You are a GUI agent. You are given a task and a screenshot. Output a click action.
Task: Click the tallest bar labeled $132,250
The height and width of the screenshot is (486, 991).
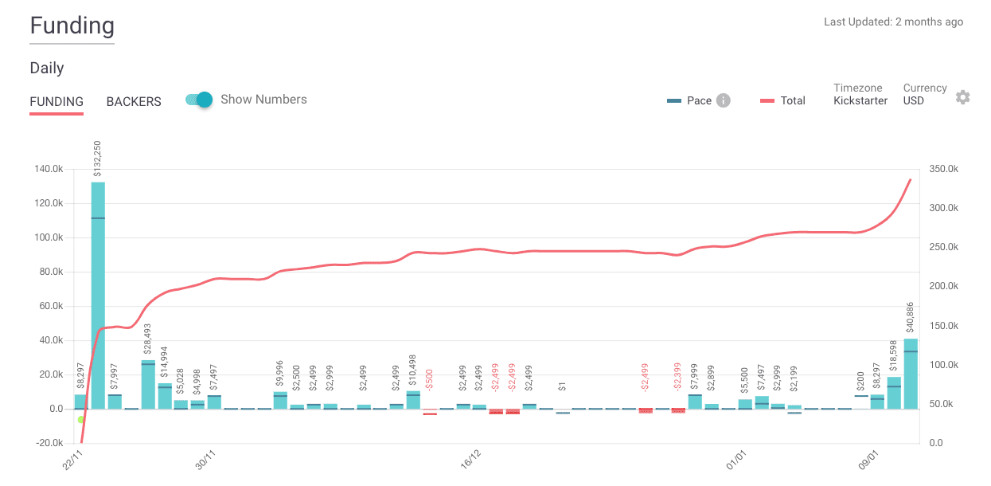[98, 295]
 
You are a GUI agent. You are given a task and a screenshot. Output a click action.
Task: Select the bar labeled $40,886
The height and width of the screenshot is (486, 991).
[911, 374]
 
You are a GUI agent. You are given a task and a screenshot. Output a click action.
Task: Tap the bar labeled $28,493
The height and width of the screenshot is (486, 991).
[148, 384]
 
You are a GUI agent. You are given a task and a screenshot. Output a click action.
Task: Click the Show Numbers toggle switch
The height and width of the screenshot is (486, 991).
[200, 100]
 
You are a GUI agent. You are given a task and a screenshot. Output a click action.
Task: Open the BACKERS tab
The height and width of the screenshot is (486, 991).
[134, 102]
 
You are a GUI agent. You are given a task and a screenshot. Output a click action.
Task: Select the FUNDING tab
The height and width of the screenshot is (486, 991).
[57, 102]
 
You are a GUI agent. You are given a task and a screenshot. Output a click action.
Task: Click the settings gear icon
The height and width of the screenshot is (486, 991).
[962, 97]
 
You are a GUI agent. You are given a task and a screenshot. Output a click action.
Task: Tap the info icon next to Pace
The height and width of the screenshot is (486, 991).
[723, 100]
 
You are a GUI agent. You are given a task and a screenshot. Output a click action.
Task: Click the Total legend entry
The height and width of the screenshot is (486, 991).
[782, 100]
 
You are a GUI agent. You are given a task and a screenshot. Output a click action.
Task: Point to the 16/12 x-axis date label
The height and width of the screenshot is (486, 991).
[470, 460]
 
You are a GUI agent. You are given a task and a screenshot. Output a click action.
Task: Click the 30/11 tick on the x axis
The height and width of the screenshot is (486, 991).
[205, 460]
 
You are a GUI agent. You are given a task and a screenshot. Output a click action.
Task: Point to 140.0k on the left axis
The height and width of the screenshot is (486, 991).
[47, 169]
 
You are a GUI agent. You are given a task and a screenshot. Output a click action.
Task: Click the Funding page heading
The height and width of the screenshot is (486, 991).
[72, 26]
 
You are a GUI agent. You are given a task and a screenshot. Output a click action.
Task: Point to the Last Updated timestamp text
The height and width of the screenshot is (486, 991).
[893, 22]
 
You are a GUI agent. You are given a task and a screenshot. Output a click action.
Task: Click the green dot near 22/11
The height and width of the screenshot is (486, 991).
[81, 419]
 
